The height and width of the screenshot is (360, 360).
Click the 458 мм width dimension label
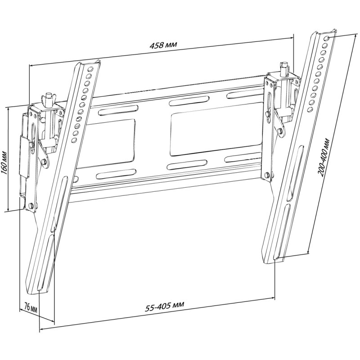(163, 45)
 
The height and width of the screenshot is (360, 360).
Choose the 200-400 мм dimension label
(324, 157)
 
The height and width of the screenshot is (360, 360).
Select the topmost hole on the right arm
(327, 38)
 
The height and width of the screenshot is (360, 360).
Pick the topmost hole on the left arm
(90, 69)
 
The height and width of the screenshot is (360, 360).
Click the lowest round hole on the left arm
(74, 139)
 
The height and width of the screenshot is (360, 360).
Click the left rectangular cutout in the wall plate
(106, 142)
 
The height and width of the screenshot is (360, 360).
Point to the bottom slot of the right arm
(283, 232)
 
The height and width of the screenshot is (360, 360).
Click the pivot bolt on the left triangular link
(44, 162)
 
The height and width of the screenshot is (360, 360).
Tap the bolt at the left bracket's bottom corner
(31, 206)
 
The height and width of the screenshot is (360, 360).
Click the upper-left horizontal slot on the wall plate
(118, 110)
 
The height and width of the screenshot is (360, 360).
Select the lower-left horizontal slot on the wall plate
(116, 174)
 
